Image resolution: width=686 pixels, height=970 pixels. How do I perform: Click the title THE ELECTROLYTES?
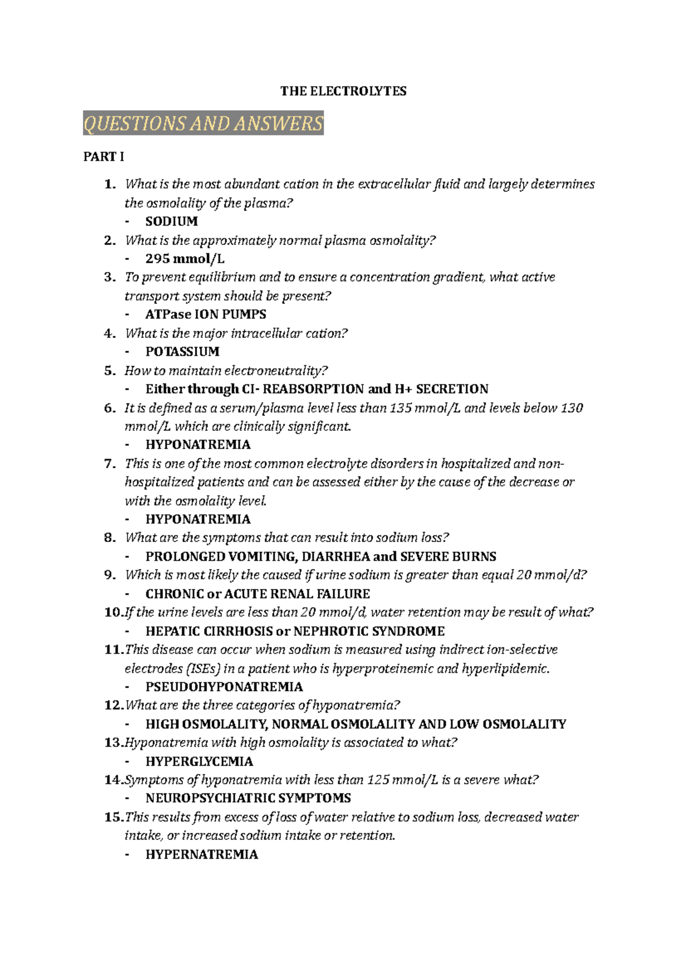click(343, 91)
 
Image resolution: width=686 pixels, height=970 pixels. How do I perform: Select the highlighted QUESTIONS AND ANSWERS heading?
click(204, 123)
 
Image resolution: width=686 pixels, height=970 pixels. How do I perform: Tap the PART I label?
click(103, 157)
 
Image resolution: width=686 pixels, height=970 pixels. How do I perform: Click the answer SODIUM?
click(171, 222)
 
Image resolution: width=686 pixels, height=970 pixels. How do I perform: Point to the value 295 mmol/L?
click(185, 259)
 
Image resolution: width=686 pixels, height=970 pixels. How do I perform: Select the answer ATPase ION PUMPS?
click(206, 314)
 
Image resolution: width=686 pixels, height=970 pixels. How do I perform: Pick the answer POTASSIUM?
click(182, 352)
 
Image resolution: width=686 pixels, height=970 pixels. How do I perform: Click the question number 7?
click(110, 464)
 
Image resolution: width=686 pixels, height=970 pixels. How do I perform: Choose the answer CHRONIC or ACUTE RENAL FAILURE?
click(258, 594)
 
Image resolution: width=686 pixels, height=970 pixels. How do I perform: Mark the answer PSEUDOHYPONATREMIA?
click(224, 687)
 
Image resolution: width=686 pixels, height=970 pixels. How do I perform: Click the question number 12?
click(113, 706)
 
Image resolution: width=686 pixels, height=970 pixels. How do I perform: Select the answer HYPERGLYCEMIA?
click(199, 761)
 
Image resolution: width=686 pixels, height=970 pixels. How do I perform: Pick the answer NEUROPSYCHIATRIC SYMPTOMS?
click(248, 798)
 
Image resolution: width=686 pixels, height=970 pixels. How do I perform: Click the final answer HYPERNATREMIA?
click(202, 855)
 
